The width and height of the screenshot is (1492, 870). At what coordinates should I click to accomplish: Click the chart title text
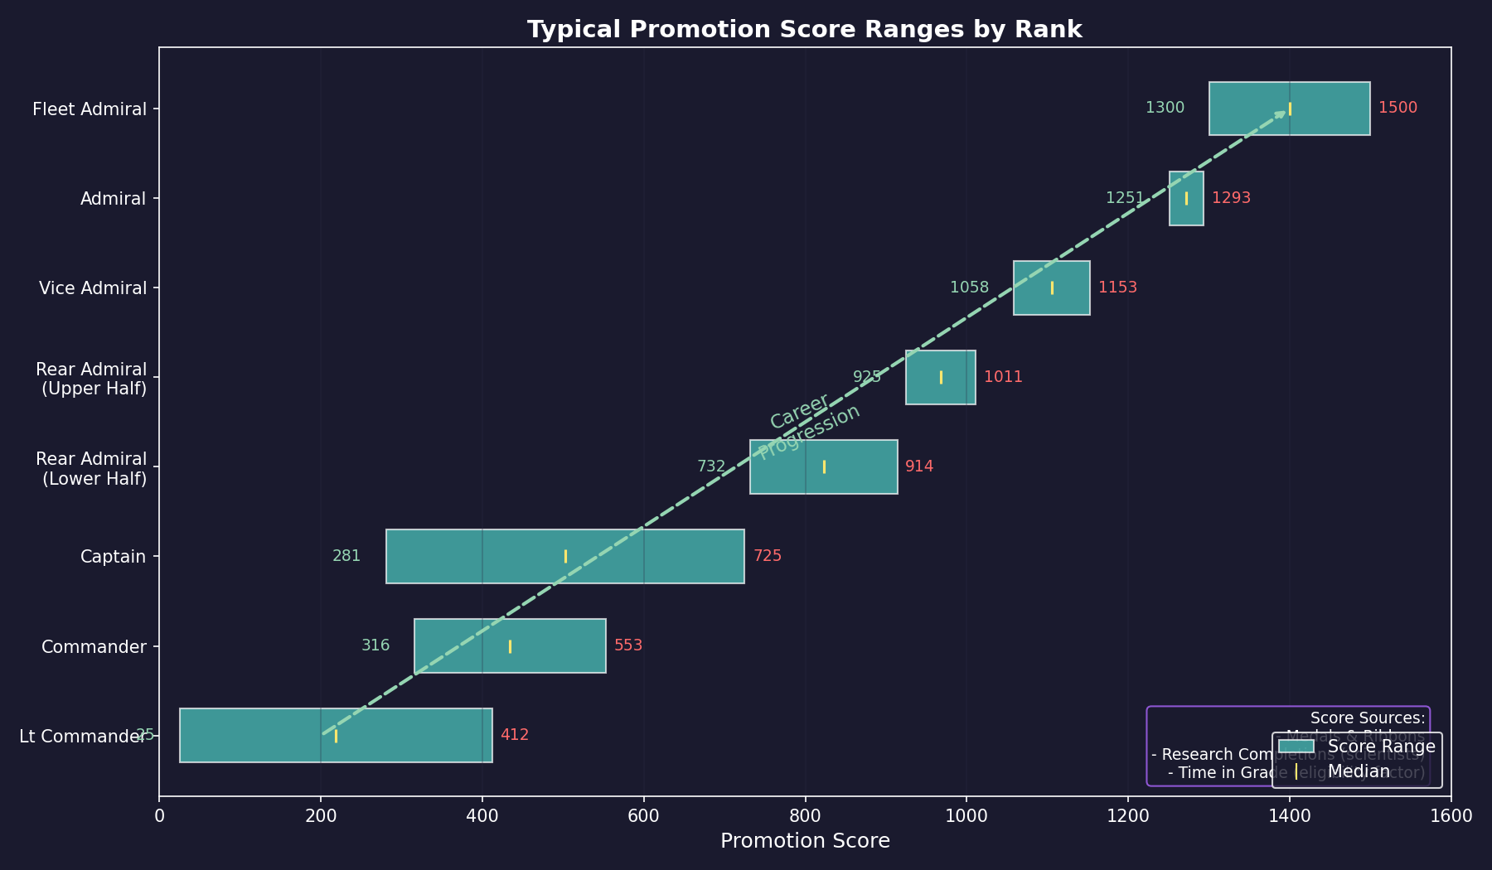pos(804,30)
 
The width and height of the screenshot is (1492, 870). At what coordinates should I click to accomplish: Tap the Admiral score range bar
pos(1186,198)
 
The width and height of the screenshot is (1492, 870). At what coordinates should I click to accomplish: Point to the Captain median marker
pos(565,556)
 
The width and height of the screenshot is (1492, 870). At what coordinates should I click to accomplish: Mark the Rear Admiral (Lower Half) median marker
pos(824,466)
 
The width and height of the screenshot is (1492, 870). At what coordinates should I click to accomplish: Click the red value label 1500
pos(1398,108)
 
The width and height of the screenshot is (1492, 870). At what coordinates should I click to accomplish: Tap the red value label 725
pos(767,556)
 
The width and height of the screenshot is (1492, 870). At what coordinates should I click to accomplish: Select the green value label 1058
pos(969,288)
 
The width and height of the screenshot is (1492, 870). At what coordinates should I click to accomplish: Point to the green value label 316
pos(375,645)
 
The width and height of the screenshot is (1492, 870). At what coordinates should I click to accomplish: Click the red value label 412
pos(514,735)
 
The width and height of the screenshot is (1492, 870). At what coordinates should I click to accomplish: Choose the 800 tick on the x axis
pos(805,815)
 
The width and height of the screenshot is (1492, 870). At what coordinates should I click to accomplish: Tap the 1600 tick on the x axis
pos(1451,815)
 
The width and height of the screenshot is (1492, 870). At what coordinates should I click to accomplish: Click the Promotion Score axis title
pos(805,842)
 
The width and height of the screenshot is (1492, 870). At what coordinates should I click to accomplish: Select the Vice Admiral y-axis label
pos(92,288)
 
